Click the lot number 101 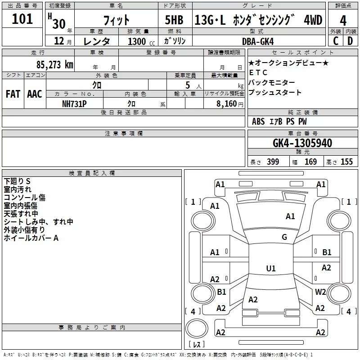22,19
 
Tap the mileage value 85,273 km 54,65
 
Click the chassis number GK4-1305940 302,143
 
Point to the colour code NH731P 74,104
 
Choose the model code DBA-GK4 258,41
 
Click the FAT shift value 13,94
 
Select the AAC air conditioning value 35,94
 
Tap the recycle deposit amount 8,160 226,104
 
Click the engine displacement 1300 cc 141,41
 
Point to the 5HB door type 174,20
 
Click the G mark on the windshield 284,237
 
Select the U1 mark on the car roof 271,268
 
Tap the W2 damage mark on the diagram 320,292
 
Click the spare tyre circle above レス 197,328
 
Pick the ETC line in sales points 258,72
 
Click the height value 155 346,162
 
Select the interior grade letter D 350,41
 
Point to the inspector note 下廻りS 17,181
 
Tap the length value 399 273,162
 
